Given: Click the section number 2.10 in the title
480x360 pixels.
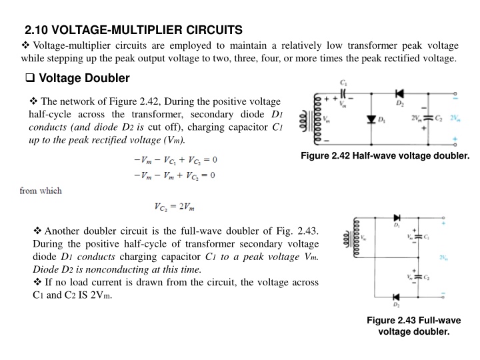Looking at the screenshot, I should pos(36,30).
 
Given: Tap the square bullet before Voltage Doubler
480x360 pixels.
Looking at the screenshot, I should pos(29,79).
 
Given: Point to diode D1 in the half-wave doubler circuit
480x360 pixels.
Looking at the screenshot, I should pos(371,119).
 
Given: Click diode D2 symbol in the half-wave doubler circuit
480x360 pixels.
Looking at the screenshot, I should pos(400,94).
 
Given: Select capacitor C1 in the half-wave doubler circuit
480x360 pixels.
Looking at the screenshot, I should pos(345,93).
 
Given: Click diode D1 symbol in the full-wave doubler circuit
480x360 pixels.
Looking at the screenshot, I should pos(397,218).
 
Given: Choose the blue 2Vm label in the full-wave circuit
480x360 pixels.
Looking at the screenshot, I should pos(443,257).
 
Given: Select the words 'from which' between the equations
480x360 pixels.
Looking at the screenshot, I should pos(41,191).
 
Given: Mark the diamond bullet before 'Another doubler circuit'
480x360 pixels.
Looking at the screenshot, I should pos(37,231).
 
